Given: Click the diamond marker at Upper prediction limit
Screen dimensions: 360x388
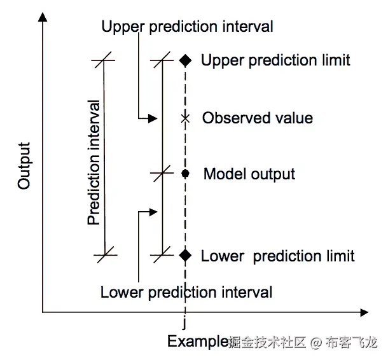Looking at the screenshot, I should click(185, 60).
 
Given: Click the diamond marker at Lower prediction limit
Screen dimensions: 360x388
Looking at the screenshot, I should click(185, 255).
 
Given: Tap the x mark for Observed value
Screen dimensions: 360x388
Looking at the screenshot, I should click(185, 118).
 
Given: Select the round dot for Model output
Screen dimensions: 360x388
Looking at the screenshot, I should click(185, 173).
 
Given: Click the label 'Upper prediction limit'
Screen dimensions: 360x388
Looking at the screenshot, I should click(275, 60).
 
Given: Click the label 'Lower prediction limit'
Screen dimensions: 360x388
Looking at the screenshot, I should click(277, 256).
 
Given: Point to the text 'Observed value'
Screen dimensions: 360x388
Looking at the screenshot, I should click(258, 118).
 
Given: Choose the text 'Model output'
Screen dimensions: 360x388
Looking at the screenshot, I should click(249, 174).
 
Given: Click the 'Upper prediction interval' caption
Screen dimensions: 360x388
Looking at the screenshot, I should click(188, 27).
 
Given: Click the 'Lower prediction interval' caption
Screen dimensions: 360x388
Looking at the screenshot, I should click(186, 293).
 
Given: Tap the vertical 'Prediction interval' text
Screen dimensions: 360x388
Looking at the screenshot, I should click(95, 162).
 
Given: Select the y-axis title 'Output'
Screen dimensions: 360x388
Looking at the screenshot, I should click(24, 165).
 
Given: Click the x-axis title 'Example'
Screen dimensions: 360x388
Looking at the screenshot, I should click(198, 342).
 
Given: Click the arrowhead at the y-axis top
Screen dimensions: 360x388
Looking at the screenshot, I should click(43, 17).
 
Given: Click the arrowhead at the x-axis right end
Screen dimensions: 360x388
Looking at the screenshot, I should click(363, 312).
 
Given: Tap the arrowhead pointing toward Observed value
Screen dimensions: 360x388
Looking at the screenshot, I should click(152, 118).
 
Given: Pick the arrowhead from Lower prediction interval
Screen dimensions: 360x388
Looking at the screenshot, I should click(152, 211).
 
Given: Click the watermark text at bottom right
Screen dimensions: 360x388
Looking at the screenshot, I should click(303, 342).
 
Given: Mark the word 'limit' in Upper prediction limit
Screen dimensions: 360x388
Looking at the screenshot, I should click(335, 60).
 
